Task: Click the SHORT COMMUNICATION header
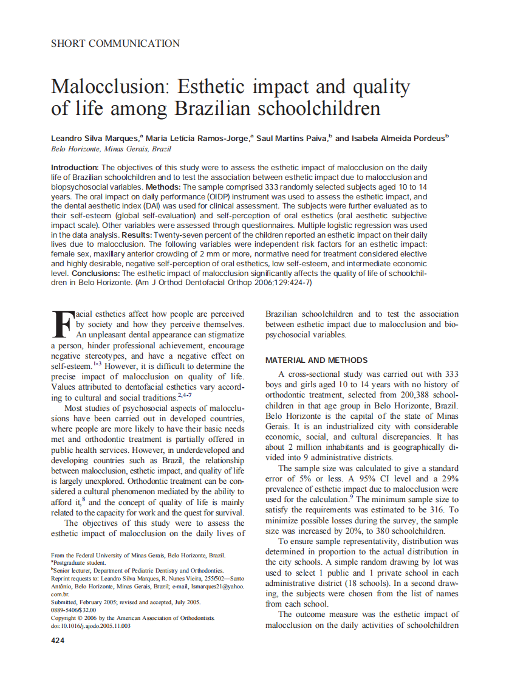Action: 115,43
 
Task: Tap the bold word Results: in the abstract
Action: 137,234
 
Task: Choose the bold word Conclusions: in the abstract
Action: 95,274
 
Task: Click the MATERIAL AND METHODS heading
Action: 316,360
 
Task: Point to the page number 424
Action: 58,641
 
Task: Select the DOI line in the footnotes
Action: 91,625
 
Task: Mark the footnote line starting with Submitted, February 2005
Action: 126,602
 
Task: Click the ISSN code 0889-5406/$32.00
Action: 73,610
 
